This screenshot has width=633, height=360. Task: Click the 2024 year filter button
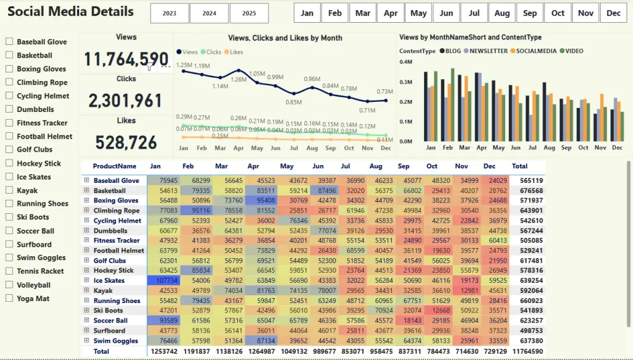click(x=209, y=13)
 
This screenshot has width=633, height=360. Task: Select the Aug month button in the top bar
click(x=502, y=13)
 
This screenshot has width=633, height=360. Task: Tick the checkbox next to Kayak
click(x=9, y=190)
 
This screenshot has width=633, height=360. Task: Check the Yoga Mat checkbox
click(x=9, y=298)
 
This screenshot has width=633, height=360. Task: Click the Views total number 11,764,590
click(x=126, y=59)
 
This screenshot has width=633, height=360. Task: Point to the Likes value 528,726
click(x=126, y=142)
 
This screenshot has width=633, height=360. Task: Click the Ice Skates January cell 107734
click(x=164, y=280)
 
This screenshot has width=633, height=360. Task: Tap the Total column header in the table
click(x=520, y=166)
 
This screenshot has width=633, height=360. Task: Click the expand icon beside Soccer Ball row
click(x=87, y=321)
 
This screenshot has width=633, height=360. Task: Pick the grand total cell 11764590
click(x=528, y=351)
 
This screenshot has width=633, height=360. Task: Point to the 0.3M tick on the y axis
click(x=406, y=82)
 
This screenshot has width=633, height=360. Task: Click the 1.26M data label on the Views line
click(x=239, y=80)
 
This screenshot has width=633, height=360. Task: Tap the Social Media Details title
click(x=70, y=12)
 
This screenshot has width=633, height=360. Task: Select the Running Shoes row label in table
click(x=116, y=301)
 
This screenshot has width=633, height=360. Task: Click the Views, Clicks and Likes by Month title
click(x=285, y=38)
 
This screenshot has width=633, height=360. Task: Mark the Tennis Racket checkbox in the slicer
click(x=9, y=271)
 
